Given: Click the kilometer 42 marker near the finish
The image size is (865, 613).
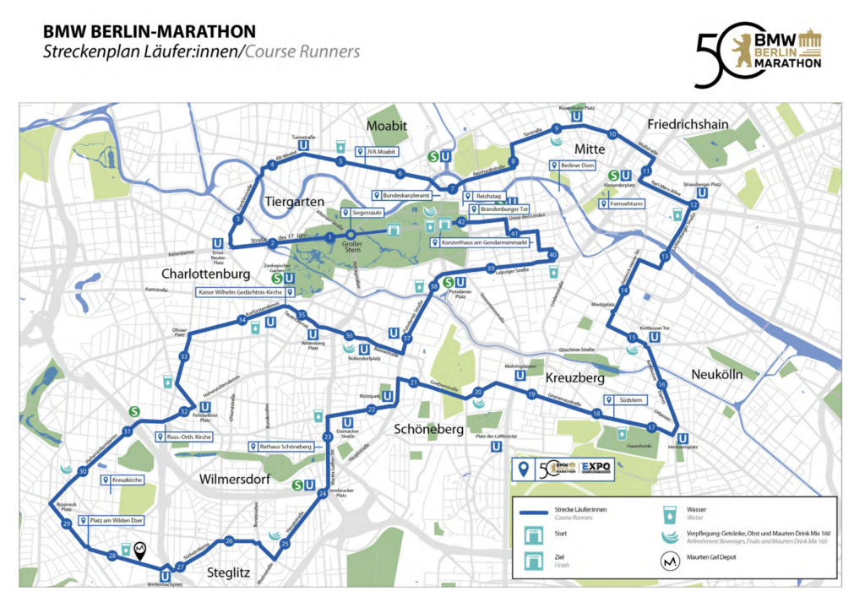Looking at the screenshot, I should [x=461, y=222].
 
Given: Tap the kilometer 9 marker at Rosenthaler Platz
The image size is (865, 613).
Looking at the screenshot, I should [x=556, y=128].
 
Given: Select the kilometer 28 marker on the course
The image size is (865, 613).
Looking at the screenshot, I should [x=112, y=556].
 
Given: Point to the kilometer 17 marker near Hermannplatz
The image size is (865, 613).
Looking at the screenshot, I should [x=651, y=428].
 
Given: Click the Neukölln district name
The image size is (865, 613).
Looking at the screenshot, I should [x=716, y=374].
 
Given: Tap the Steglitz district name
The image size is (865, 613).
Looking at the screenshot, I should [x=229, y=573].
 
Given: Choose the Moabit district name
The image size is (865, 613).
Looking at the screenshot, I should [x=387, y=126].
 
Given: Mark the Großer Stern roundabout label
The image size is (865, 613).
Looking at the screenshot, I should [x=349, y=249].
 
